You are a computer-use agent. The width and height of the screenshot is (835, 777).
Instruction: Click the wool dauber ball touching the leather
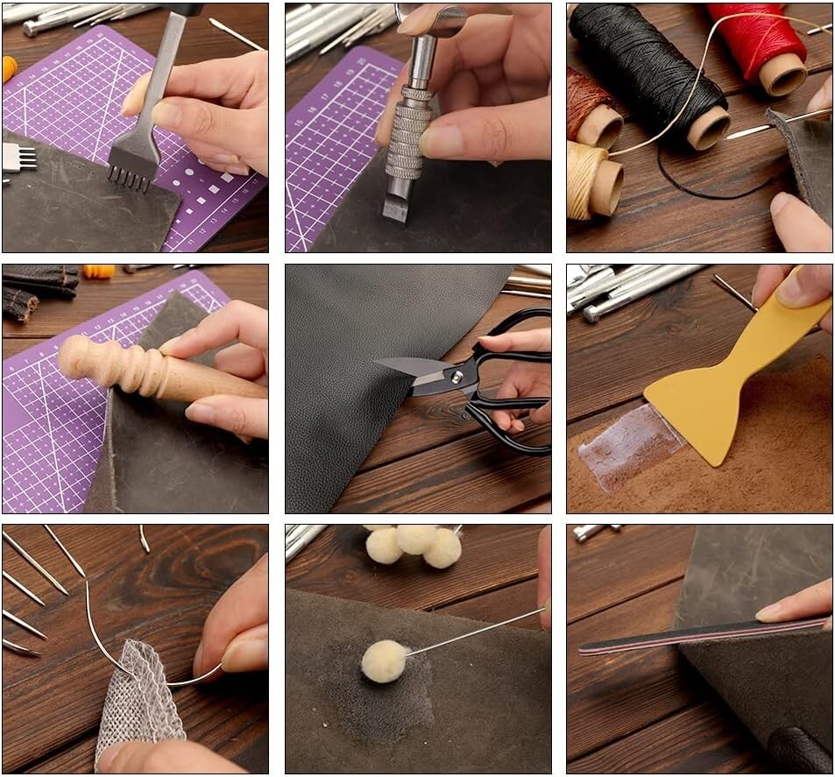(383, 660)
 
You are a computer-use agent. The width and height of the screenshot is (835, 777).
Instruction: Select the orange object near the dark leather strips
(99, 271)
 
